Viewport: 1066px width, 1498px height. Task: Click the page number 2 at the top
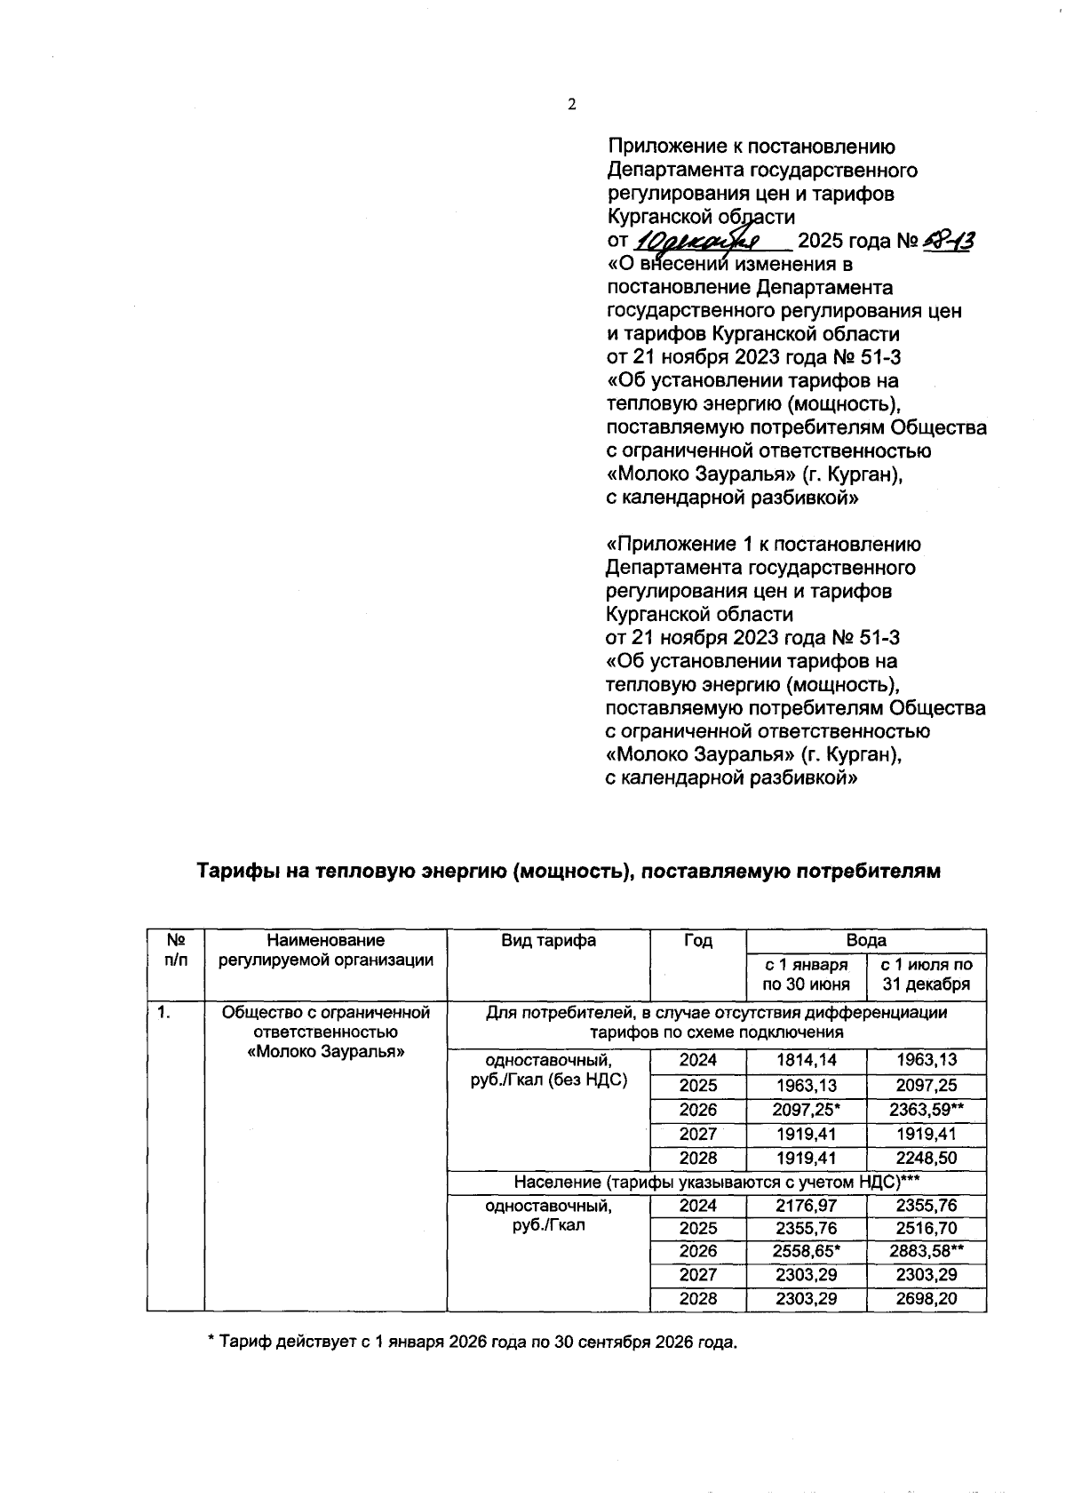click(571, 105)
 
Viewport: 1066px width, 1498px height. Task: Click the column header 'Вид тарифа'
click(547, 940)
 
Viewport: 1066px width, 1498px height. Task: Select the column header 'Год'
click(697, 940)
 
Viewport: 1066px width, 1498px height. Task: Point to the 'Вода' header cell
click(866, 940)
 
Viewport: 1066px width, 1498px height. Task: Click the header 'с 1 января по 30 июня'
click(806, 974)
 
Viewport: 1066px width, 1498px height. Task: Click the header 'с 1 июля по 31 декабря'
click(927, 974)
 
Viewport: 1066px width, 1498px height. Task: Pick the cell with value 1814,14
click(806, 1059)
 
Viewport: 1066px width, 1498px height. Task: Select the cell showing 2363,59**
click(927, 1109)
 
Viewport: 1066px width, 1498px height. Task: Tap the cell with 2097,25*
click(807, 1109)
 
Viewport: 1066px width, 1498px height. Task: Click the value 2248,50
click(927, 1158)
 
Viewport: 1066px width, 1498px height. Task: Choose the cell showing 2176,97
click(806, 1206)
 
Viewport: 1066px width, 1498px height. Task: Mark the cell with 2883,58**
click(927, 1251)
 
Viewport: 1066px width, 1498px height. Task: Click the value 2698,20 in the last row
click(927, 1298)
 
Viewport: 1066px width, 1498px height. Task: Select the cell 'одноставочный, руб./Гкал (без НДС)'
click(547, 1070)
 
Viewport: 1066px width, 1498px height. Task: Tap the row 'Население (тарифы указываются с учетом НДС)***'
click(716, 1182)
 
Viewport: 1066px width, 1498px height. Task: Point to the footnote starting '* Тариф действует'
click(472, 1342)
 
